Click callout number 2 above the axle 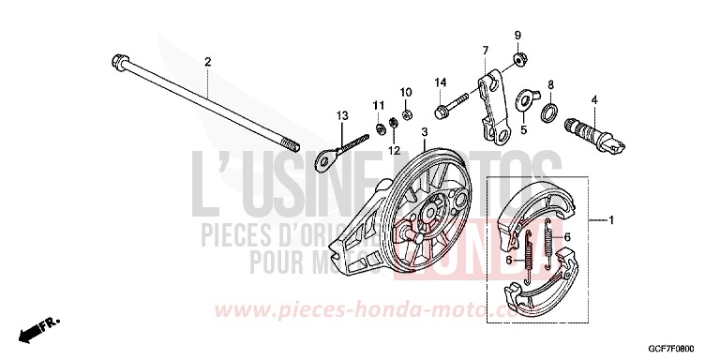208,62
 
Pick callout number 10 407,92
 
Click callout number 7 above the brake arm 487,49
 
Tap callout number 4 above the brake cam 594,99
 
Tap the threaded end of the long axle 292,146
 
